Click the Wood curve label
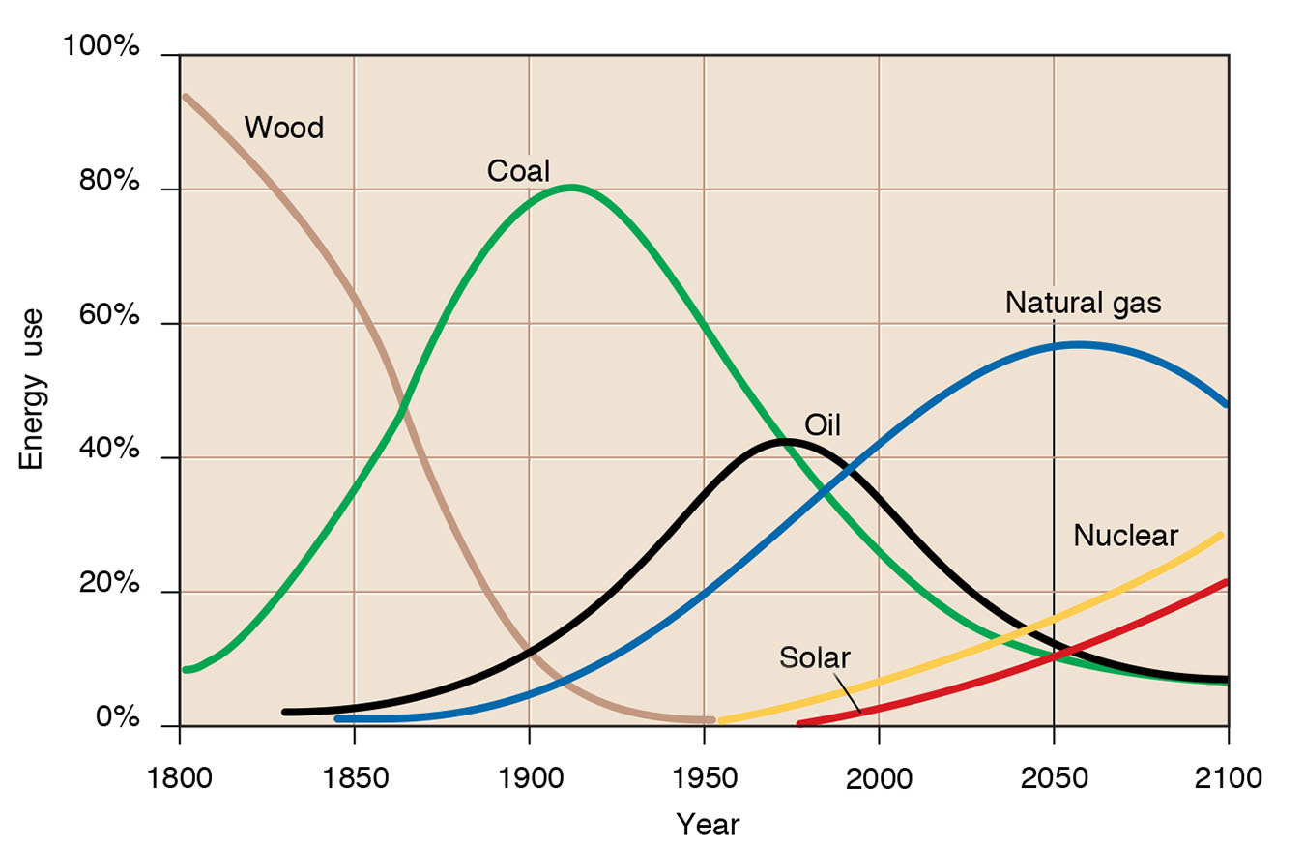tap(283, 128)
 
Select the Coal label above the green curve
tap(518, 171)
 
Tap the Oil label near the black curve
tap(822, 424)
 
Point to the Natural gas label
tap(1083, 303)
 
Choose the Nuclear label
tap(1125, 536)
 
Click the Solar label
tap(814, 658)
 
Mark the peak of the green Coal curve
tap(571, 187)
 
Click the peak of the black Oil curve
tap(786, 442)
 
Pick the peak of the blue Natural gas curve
tap(1075, 344)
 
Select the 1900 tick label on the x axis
tap(529, 777)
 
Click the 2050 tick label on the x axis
tap(1053, 777)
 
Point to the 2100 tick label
tap(1228, 777)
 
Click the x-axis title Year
tap(708, 825)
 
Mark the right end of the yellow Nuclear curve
tap(1221, 535)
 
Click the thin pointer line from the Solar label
tap(846, 694)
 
